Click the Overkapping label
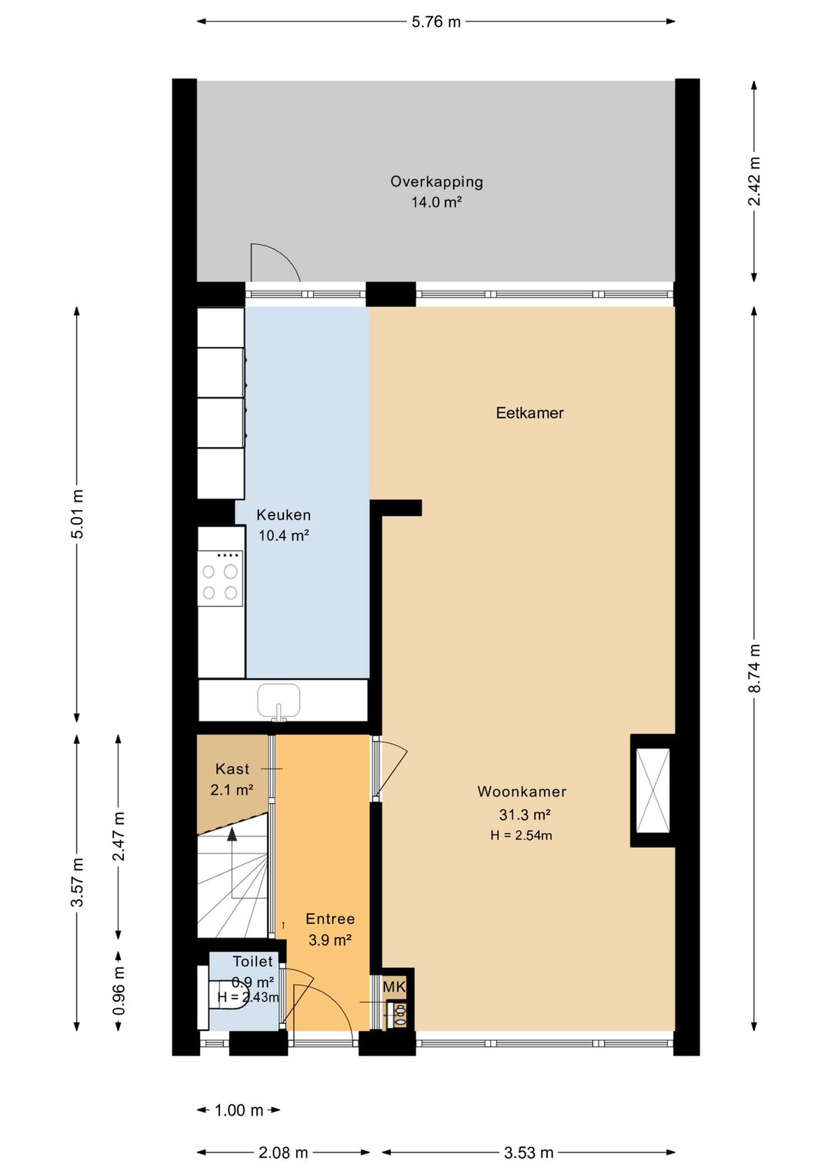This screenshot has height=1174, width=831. point(436,182)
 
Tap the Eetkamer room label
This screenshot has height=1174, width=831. point(529,413)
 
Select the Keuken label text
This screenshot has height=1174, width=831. point(284,515)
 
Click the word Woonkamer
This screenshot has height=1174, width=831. point(522,792)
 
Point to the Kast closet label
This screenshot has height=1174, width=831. point(232,769)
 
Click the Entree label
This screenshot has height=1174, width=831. point(330,919)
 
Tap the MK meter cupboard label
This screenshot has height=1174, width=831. point(394,987)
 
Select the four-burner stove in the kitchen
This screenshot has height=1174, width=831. point(220,579)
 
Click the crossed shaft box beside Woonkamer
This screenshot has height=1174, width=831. point(652,790)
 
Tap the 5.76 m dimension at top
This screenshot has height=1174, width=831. point(436,22)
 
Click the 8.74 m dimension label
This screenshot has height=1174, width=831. point(754,668)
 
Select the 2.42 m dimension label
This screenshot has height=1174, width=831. point(754,181)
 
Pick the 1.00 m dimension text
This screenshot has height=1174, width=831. point(239,1109)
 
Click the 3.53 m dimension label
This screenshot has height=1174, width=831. point(529,1152)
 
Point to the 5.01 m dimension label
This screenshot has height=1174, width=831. point(78,514)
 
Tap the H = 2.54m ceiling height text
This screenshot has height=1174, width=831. point(521,835)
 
